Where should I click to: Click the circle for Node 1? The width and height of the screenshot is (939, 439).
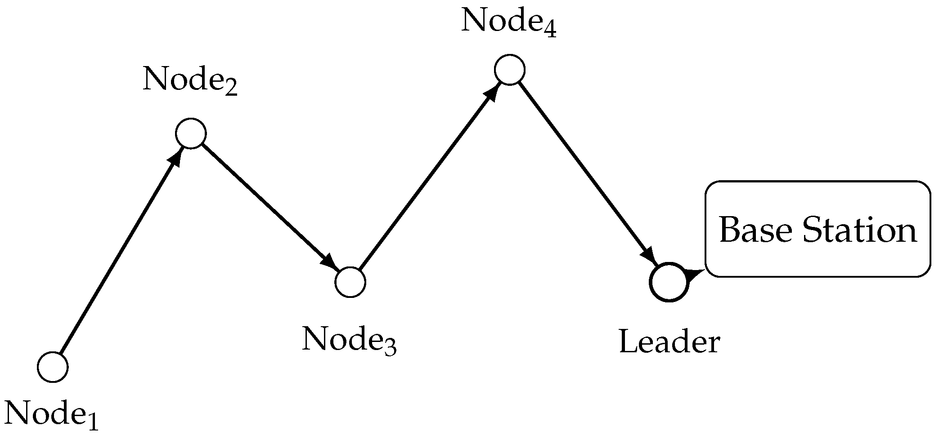coord(53,367)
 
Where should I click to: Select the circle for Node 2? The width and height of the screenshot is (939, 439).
coord(191,133)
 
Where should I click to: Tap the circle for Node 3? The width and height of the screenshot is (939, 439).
coord(350,282)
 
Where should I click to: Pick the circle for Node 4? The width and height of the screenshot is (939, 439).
coord(509,70)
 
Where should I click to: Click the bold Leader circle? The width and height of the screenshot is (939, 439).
coord(669,282)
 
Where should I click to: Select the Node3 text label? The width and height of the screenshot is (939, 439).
coord(349,340)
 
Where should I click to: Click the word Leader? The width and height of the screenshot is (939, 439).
coord(669,342)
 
